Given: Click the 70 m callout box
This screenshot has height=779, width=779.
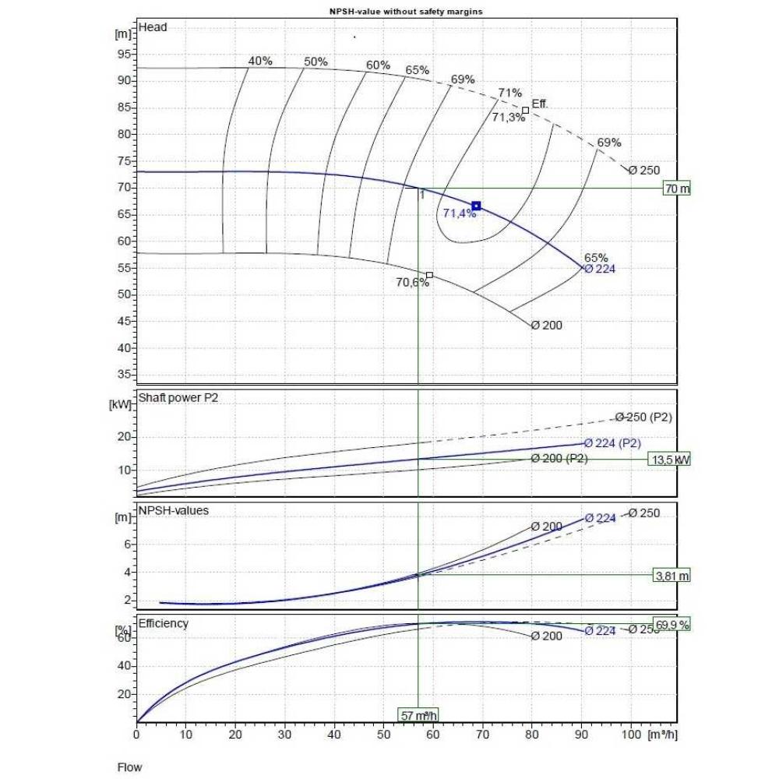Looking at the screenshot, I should tap(676, 189).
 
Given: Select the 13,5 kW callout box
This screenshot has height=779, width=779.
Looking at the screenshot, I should tap(669, 460).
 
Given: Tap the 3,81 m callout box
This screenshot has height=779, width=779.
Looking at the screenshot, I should tap(671, 576).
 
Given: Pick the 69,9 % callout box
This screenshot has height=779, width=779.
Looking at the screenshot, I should tap(672, 625).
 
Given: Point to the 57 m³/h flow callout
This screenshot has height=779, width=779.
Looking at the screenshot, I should tap(418, 715).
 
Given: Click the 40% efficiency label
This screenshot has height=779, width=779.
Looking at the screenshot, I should tap(260, 61).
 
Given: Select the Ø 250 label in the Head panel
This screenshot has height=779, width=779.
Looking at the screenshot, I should tap(644, 171).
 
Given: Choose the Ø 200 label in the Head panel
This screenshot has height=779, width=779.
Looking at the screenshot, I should tap(546, 326).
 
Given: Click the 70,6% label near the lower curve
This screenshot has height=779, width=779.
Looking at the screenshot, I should tap(412, 283).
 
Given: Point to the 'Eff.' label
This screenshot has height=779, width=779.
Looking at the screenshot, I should tap(540, 104).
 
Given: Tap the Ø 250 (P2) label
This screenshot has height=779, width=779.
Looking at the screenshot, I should tap(643, 418).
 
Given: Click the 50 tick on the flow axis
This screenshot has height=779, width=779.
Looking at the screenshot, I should tap(383, 734).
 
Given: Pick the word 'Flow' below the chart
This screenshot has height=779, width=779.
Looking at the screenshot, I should tap(130, 767).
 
